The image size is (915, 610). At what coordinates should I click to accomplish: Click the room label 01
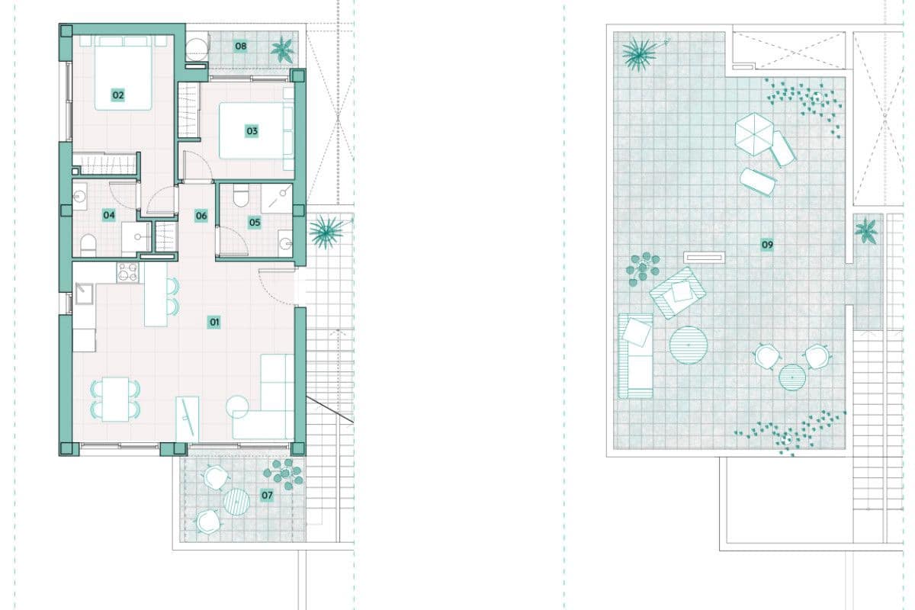tap(214, 323)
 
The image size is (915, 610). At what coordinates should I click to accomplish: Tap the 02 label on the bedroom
tap(118, 95)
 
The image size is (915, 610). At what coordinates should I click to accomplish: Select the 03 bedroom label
tap(252, 131)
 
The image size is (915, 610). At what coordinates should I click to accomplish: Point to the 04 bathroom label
tap(108, 215)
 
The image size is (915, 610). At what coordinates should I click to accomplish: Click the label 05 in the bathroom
tap(255, 222)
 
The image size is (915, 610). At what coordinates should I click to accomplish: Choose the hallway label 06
tap(201, 215)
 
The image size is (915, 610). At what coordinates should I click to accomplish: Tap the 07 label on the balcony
tap(267, 495)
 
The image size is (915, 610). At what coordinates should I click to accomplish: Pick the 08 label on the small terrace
tap(241, 46)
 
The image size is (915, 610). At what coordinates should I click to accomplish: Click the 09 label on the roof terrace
tap(767, 245)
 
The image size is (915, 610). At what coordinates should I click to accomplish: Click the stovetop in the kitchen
tap(128, 272)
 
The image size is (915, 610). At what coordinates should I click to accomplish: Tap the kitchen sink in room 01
tap(84, 294)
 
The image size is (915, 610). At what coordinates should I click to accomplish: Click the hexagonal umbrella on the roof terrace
tap(754, 134)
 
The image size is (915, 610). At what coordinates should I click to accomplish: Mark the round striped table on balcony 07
tap(236, 501)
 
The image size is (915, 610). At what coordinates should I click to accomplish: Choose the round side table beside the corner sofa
tap(237, 406)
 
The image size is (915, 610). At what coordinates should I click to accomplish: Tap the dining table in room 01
tap(116, 400)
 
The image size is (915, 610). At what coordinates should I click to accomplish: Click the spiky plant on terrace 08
tap(282, 50)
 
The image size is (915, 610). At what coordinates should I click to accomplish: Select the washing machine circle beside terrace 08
tap(197, 50)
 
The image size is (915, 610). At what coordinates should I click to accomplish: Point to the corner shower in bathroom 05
tap(277, 198)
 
